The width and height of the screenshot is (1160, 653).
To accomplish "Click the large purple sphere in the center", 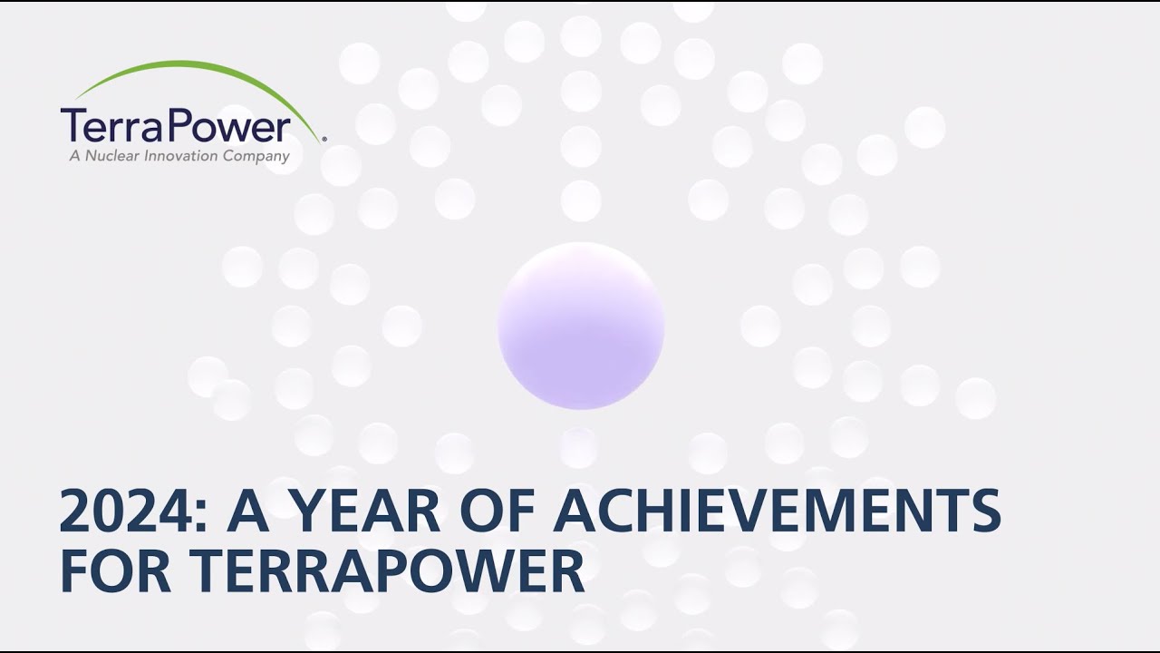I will (x=581, y=326).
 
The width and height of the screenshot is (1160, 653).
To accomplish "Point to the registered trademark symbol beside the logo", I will (x=324, y=139).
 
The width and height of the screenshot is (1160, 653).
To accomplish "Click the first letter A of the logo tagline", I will (x=74, y=156).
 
